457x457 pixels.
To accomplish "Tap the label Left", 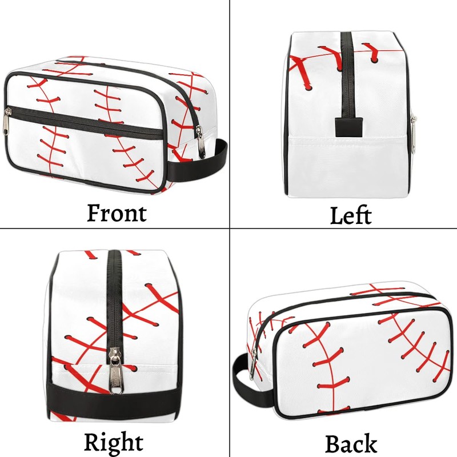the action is (x=351, y=215).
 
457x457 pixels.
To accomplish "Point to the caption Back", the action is (x=351, y=443).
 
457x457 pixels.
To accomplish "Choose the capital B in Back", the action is (x=333, y=443).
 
